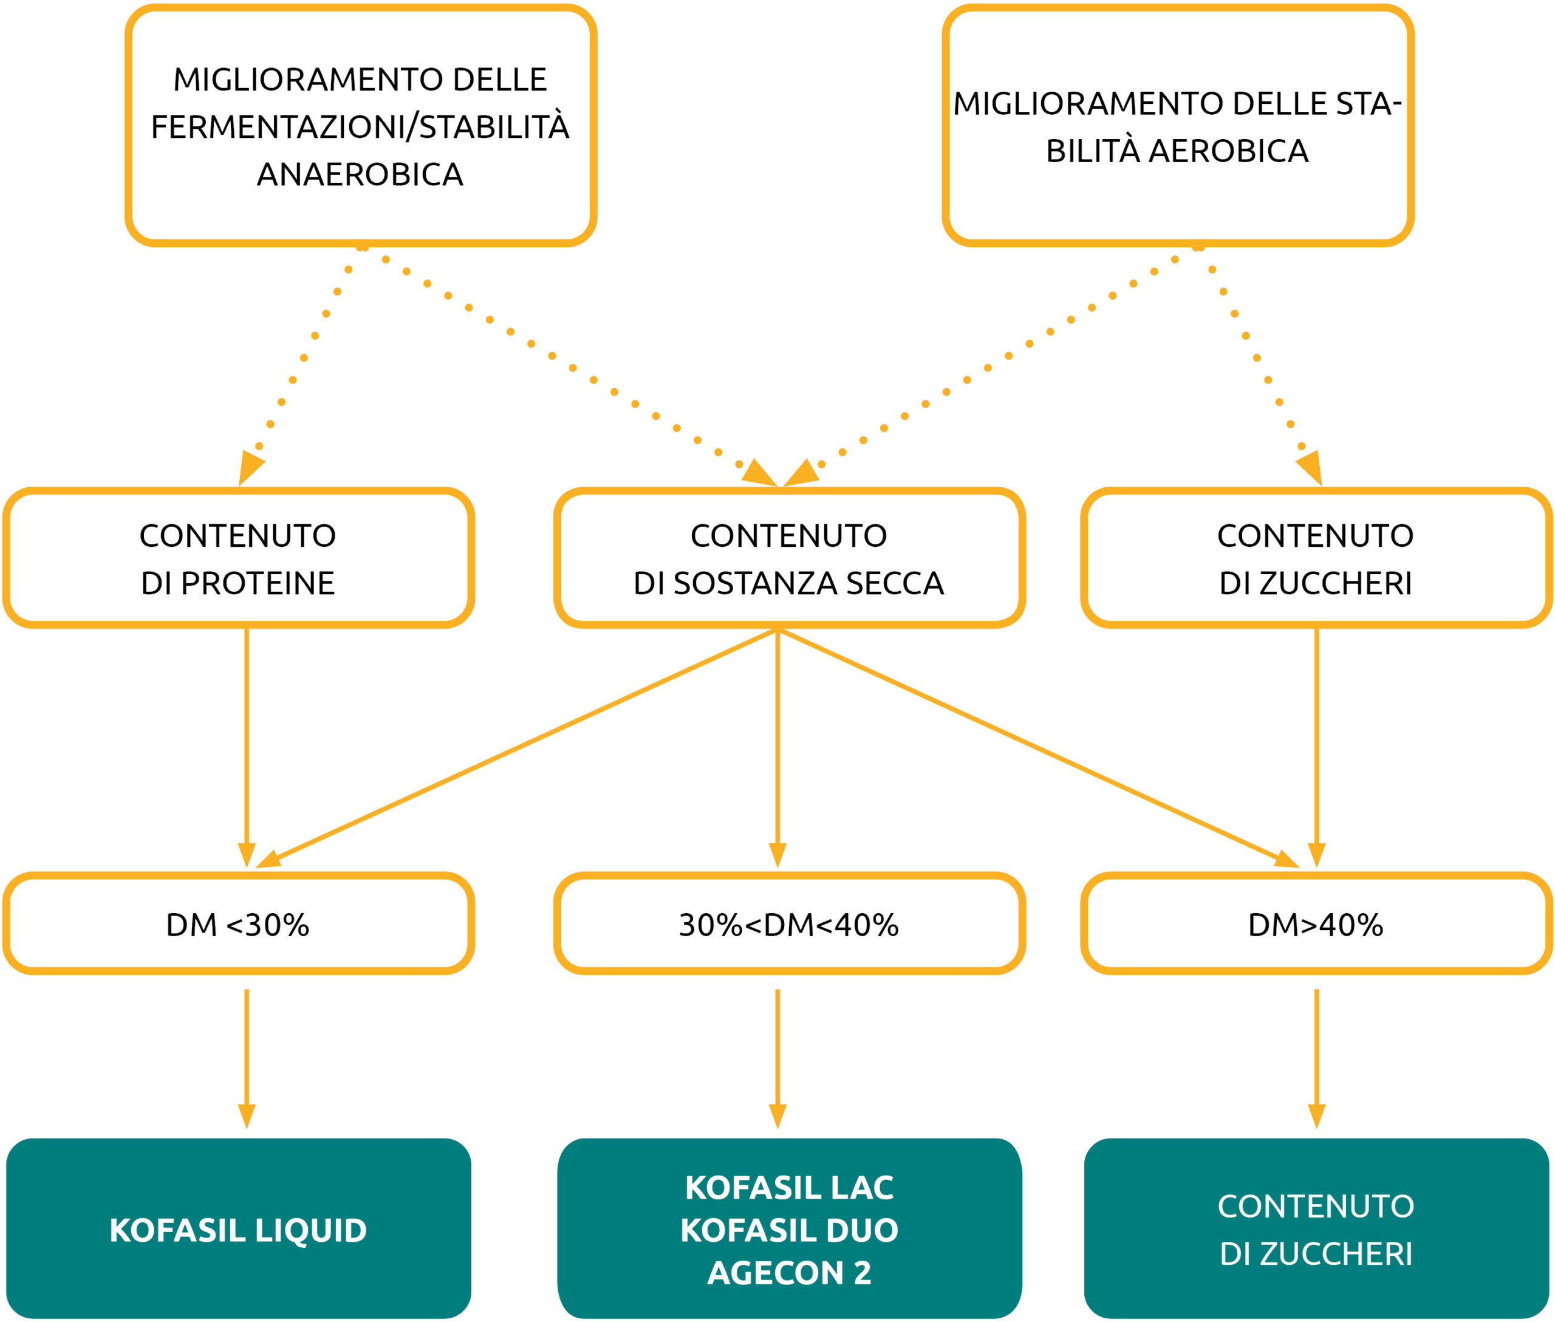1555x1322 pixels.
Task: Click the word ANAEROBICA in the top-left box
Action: tap(360, 174)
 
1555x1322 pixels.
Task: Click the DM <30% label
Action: tap(238, 925)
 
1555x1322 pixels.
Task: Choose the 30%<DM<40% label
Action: tap(788, 925)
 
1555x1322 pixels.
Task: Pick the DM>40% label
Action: tap(1315, 925)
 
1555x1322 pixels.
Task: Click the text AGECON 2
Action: tap(789, 1273)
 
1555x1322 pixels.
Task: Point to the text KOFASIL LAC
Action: tap(789, 1188)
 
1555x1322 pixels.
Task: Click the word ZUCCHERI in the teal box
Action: tap(1336, 1255)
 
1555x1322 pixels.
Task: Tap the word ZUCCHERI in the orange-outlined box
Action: tap(1336, 584)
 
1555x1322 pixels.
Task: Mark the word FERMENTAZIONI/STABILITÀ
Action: tap(360, 126)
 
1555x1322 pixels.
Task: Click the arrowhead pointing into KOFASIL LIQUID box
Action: tap(247, 1115)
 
